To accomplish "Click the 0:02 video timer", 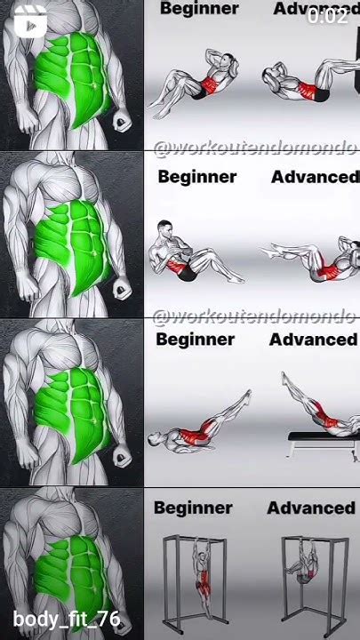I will [327, 15].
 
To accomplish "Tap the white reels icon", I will [30, 24].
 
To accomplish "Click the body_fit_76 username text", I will [67, 620].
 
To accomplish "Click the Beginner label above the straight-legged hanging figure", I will [193, 508].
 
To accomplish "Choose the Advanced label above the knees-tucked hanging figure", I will [311, 508].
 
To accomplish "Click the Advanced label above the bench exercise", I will [313, 340].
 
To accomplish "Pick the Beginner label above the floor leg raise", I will [196, 340].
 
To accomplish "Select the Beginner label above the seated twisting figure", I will [197, 177].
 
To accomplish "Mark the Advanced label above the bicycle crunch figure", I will [315, 177].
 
